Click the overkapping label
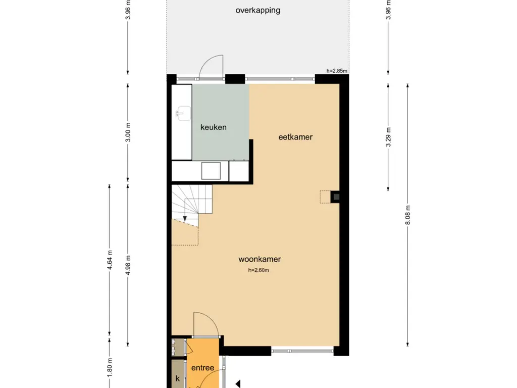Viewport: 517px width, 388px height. click(258, 11)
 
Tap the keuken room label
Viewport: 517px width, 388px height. click(214, 127)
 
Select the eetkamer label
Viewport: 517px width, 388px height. click(295, 137)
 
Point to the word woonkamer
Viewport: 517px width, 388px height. click(260, 259)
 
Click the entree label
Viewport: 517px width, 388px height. click(203, 368)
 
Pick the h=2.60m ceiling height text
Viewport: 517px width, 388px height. click(258, 270)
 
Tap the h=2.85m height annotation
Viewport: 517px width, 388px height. click(337, 71)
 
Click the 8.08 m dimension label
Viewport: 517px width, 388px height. click(408, 215)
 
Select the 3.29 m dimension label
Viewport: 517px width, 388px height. click(388, 137)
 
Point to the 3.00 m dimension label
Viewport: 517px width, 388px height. click(128, 132)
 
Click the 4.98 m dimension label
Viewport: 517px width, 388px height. click(128, 265)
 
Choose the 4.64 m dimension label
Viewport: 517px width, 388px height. click(110, 260)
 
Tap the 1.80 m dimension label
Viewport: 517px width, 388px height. click(110, 368)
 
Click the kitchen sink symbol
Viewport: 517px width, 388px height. click(183, 114)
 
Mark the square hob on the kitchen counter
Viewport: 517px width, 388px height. click(211, 171)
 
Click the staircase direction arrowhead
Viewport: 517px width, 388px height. click(185, 219)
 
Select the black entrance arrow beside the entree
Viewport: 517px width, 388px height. click(238, 384)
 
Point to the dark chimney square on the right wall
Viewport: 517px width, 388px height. click(336, 197)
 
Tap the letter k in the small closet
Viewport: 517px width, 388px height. click(177, 378)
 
